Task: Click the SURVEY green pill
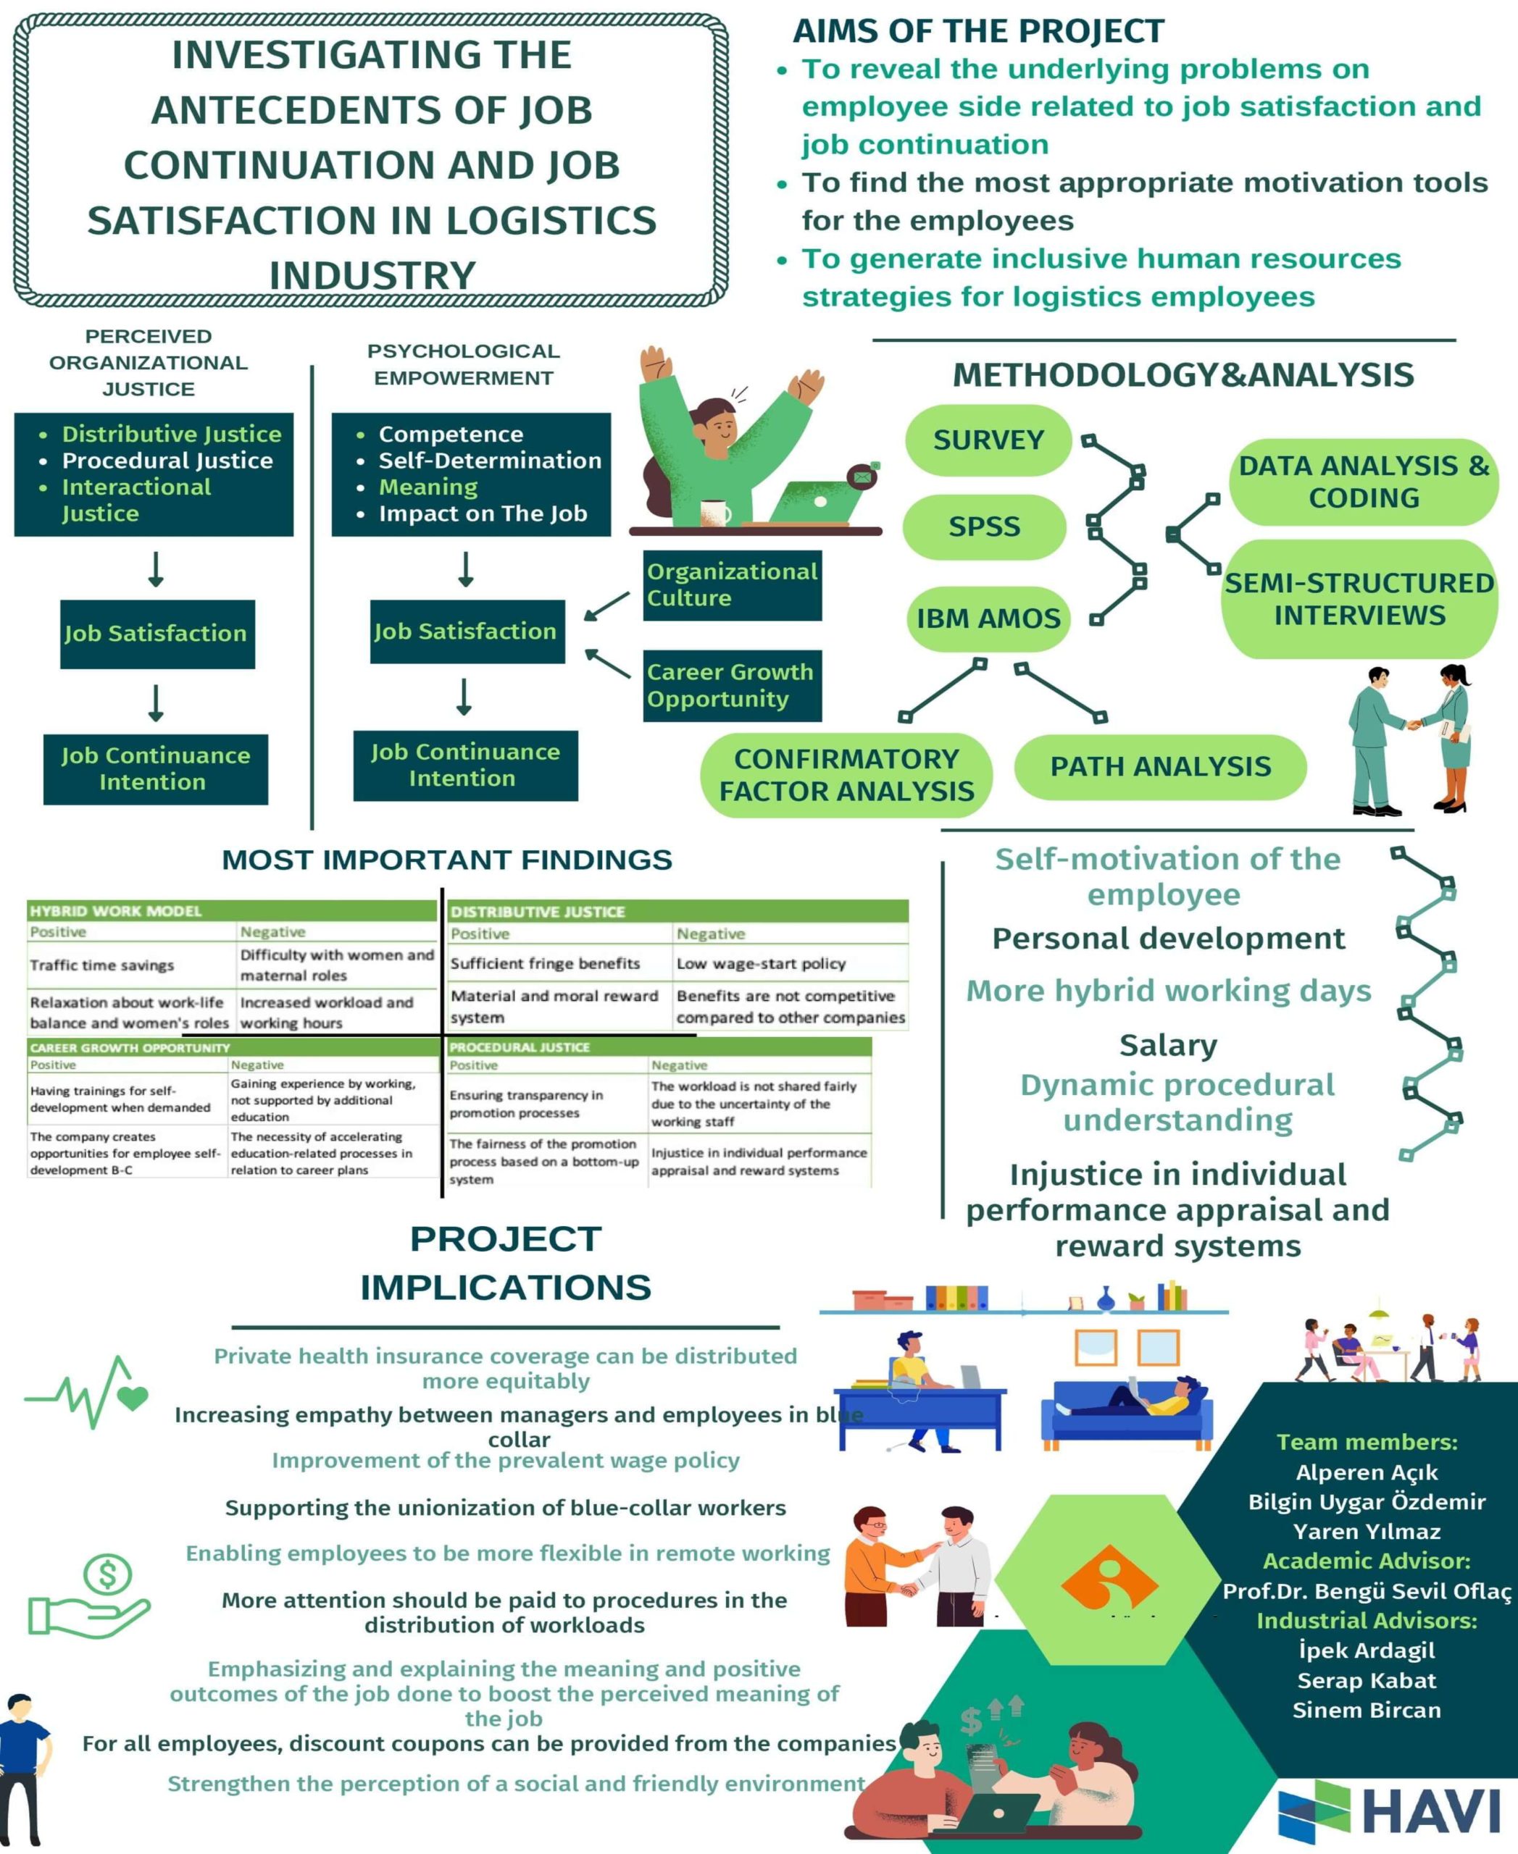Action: (x=988, y=440)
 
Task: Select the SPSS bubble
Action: (x=984, y=527)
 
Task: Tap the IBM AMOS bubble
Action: (x=988, y=618)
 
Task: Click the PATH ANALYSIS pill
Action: (x=1160, y=767)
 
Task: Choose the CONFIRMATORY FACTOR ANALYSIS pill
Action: (x=846, y=774)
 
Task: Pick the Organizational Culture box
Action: (x=732, y=584)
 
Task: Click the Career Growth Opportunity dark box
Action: (x=732, y=685)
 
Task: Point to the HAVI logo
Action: (x=1390, y=1809)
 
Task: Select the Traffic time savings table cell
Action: (x=102, y=965)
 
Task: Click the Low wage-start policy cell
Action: (x=761, y=963)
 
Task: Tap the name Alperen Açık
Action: (x=1366, y=1472)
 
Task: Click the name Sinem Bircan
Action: (x=1366, y=1710)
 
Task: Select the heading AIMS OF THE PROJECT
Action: (x=977, y=31)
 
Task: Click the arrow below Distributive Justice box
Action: (x=156, y=569)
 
